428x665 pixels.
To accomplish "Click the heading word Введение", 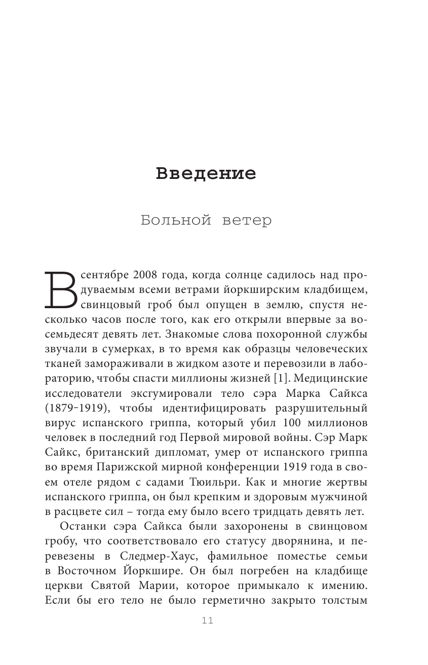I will tap(206, 173).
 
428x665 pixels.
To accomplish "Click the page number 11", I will tap(208, 621).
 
